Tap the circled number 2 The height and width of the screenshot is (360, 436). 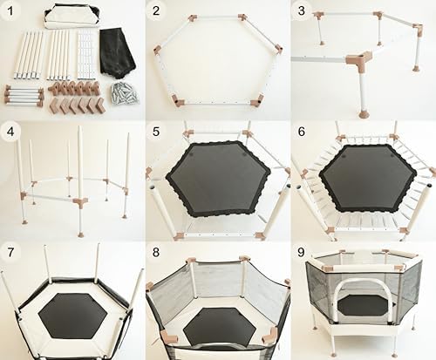tap(156, 11)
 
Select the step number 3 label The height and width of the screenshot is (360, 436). tap(301, 11)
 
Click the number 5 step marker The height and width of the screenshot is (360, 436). tap(156, 132)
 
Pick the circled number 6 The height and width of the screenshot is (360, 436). tap(301, 132)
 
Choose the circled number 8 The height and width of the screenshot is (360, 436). tap(156, 253)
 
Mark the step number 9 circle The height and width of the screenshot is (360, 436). tap(301, 253)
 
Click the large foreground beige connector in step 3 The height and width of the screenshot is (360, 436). tap(357, 62)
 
